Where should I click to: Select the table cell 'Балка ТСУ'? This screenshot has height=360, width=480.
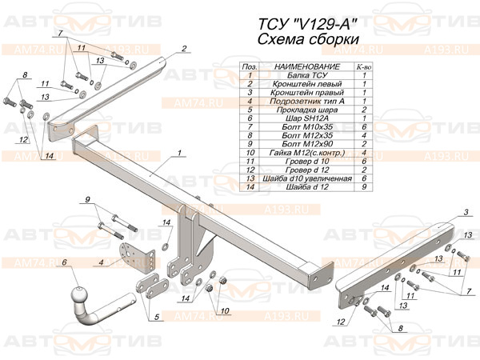click(307, 75)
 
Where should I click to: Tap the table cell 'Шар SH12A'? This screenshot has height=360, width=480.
click(307, 118)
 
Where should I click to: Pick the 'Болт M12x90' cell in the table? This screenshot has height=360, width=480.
click(307, 144)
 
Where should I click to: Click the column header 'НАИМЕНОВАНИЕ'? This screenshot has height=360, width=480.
click(307, 66)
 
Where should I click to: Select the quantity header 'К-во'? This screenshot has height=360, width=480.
click(364, 66)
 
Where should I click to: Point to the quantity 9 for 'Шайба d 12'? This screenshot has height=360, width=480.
click(364, 186)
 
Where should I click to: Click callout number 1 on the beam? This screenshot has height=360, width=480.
click(179, 153)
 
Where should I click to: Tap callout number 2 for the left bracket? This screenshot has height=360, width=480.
click(184, 48)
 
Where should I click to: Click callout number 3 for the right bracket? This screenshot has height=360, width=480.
click(466, 212)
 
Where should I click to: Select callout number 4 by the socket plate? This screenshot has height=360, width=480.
click(101, 262)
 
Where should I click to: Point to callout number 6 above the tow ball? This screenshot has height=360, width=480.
click(64, 262)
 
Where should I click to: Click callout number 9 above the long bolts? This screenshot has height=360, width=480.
click(88, 199)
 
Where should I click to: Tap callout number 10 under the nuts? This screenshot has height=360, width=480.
click(225, 310)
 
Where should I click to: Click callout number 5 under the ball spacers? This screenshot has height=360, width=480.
click(157, 317)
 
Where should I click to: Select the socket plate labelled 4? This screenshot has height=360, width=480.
click(137, 258)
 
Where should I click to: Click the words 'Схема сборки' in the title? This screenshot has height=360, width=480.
click(308, 39)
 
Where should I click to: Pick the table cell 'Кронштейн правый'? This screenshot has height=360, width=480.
click(307, 93)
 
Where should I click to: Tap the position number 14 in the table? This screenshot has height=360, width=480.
click(250, 186)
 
